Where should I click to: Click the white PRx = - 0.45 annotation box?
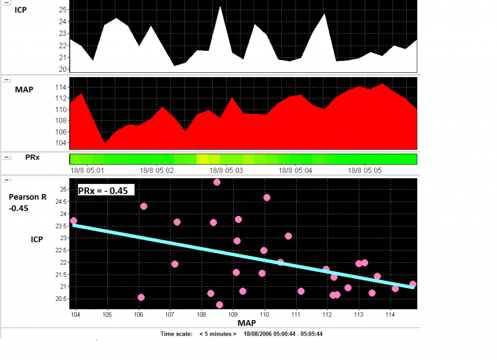[x=105, y=190]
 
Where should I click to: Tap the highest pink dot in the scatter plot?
[x=217, y=182]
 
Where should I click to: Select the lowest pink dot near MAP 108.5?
[x=219, y=305]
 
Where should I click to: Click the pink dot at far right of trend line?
[x=413, y=284]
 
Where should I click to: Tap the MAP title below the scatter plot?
[x=247, y=323]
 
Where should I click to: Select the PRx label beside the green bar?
[x=32, y=158]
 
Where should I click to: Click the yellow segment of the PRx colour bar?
[x=203, y=159]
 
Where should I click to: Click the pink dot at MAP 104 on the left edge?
[x=73, y=221]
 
